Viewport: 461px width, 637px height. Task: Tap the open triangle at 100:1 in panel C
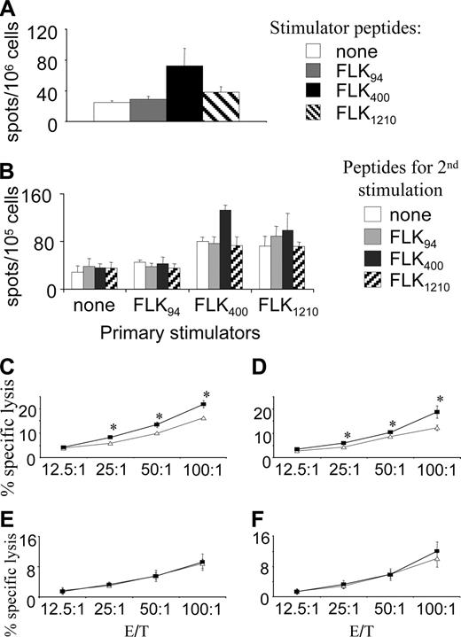(205, 417)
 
